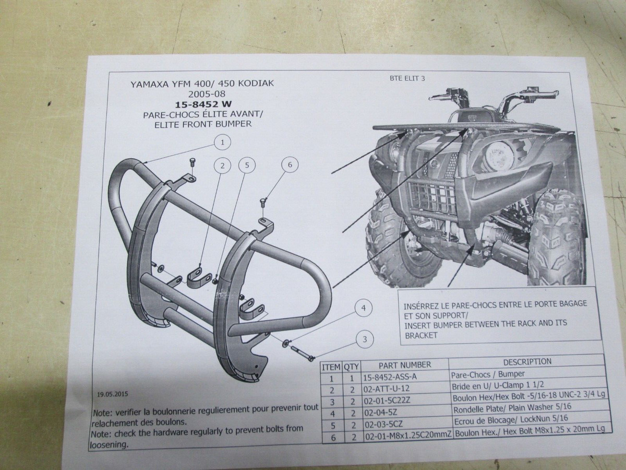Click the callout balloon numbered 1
222,142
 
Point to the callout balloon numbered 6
290,164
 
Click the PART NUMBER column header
405,365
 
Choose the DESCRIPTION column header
527,361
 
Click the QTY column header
351,366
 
